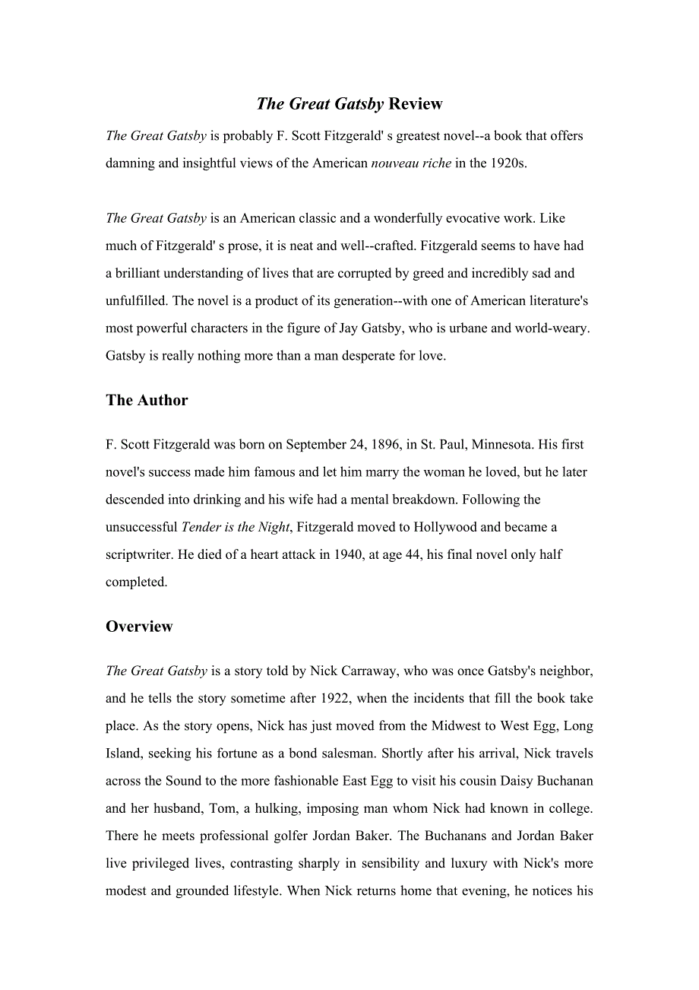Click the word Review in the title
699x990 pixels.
pyautogui.click(x=416, y=104)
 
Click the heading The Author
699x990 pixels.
pyautogui.click(x=147, y=401)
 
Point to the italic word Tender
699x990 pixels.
pyautogui.click(x=201, y=527)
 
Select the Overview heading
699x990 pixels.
pyautogui.click(x=139, y=627)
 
